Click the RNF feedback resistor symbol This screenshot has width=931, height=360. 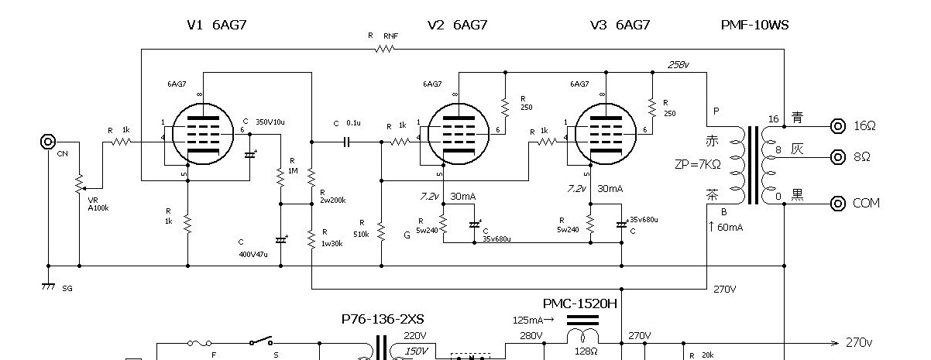coord(384,49)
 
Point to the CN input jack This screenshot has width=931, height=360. coord(48,142)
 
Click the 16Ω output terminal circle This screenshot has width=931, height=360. coord(837,125)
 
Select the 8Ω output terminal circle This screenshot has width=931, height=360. coord(837,157)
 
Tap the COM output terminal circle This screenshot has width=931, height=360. coord(837,204)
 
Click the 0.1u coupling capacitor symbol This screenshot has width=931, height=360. coord(346,142)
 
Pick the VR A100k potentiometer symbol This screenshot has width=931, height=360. coord(79,186)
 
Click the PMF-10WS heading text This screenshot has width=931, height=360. coord(755,25)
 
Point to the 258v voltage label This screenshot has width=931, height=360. coord(678,65)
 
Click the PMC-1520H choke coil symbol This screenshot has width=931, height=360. coord(582,334)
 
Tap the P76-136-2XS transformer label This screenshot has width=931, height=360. coord(383,319)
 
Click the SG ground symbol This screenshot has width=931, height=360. coord(48,286)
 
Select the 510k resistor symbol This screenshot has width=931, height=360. coord(381,230)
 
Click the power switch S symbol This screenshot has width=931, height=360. coord(258,341)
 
